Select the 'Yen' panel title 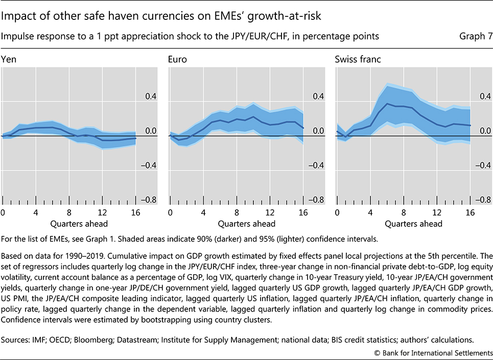[8, 59]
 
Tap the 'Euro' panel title [177, 59]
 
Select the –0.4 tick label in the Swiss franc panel [480, 165]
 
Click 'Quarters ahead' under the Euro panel [246, 224]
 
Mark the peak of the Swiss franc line [387, 104]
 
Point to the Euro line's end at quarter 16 [303, 128]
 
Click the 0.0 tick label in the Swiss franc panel [481, 131]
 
